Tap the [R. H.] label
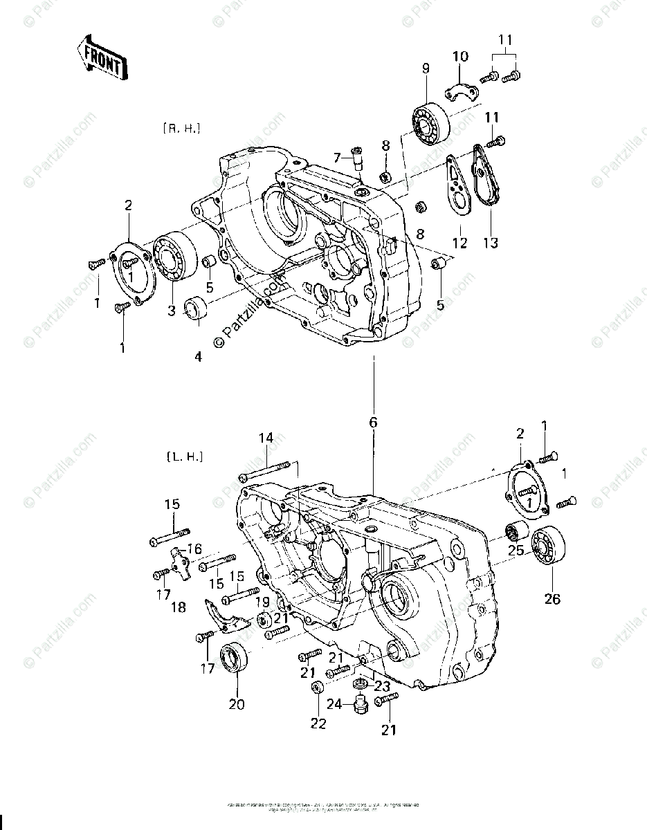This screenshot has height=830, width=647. click(181, 128)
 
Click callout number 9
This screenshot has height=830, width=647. click(426, 68)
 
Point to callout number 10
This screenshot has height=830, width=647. click(461, 55)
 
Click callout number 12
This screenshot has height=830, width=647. click(459, 243)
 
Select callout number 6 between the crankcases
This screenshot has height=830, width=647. click(373, 421)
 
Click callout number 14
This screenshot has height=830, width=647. click(266, 437)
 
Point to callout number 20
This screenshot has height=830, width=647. click(237, 705)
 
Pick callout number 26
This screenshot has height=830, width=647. click(552, 599)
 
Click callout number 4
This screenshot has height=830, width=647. click(199, 358)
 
